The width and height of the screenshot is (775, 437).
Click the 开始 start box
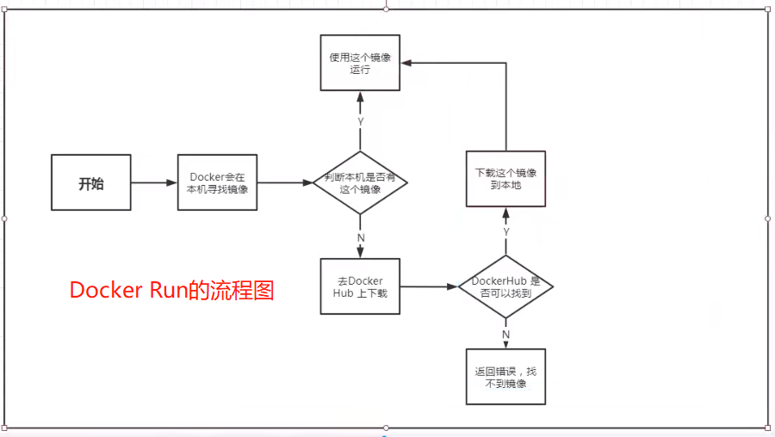(x=90, y=182)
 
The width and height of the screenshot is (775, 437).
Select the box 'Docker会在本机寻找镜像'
(x=218, y=182)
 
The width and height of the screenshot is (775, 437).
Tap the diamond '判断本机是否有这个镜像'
(x=360, y=182)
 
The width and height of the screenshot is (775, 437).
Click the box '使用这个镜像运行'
(x=360, y=63)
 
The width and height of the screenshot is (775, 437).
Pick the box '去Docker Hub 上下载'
(x=360, y=286)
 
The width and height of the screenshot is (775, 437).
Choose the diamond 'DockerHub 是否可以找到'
(x=505, y=286)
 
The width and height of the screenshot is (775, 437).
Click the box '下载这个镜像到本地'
(x=505, y=178)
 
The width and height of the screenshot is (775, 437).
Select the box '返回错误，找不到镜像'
(x=505, y=378)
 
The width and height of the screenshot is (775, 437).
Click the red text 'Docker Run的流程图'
(x=172, y=291)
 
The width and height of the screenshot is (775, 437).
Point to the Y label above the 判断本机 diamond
(x=360, y=121)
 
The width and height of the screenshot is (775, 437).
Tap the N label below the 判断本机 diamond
(x=360, y=237)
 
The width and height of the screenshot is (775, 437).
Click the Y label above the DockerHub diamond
(x=505, y=232)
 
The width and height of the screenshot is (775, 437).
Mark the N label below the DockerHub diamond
(x=505, y=334)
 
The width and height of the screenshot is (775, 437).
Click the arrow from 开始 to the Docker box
(x=154, y=182)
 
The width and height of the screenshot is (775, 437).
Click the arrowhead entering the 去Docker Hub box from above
(x=360, y=253)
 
